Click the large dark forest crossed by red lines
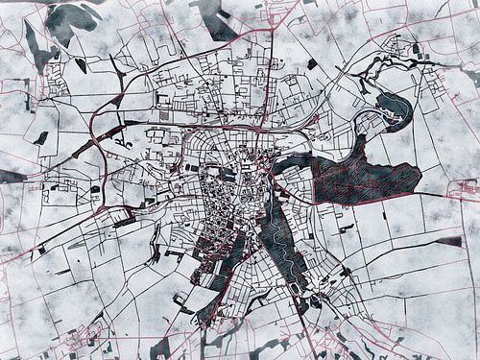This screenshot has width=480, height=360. click(365, 178)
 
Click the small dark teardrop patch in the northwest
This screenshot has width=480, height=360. click(80, 66)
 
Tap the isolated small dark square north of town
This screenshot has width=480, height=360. click(312, 64)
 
